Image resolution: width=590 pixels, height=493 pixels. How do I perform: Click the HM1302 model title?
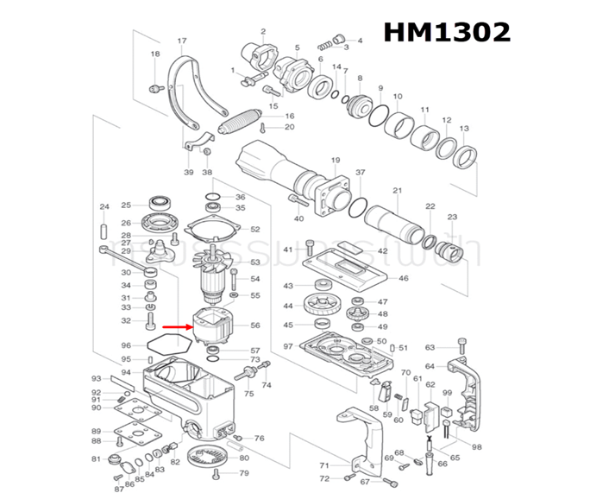446,32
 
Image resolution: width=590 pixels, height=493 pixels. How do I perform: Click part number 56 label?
254,326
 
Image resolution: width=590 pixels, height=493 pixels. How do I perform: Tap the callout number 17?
182,41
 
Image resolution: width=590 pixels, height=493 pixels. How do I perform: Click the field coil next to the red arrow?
214,326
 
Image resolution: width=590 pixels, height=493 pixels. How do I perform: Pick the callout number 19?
336,160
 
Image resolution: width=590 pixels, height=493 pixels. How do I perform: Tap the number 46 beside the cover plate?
403,279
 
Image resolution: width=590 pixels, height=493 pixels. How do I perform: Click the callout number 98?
476,447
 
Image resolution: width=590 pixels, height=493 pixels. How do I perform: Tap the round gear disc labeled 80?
204,463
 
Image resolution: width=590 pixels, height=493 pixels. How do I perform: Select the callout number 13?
463,129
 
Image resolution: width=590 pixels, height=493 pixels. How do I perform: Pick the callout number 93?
97,379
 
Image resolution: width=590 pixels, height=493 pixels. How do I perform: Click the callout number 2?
262,30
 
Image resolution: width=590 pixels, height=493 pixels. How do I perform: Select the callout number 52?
254,230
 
